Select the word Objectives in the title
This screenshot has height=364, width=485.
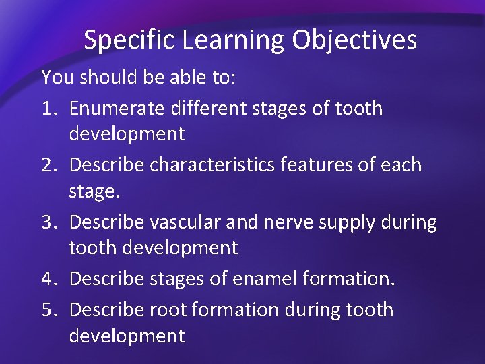click(x=354, y=41)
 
